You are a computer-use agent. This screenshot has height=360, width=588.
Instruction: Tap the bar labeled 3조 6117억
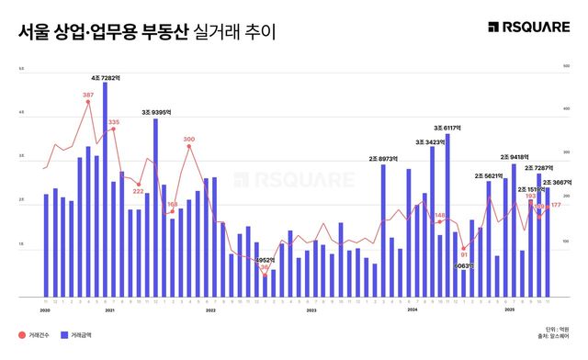447,217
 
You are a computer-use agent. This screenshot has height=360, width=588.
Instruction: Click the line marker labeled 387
88,102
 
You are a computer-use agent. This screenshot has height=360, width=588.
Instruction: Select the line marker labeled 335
113,129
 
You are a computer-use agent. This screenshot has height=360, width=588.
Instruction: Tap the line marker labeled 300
188,146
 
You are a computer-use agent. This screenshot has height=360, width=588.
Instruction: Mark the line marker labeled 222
139,184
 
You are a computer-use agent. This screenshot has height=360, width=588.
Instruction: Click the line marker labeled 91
464,248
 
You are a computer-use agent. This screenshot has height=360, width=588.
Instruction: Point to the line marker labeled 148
439,222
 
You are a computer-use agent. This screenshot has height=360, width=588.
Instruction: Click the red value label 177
556,206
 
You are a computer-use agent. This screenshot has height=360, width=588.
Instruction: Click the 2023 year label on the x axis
311,310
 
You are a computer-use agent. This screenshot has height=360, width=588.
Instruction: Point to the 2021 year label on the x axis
109,310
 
